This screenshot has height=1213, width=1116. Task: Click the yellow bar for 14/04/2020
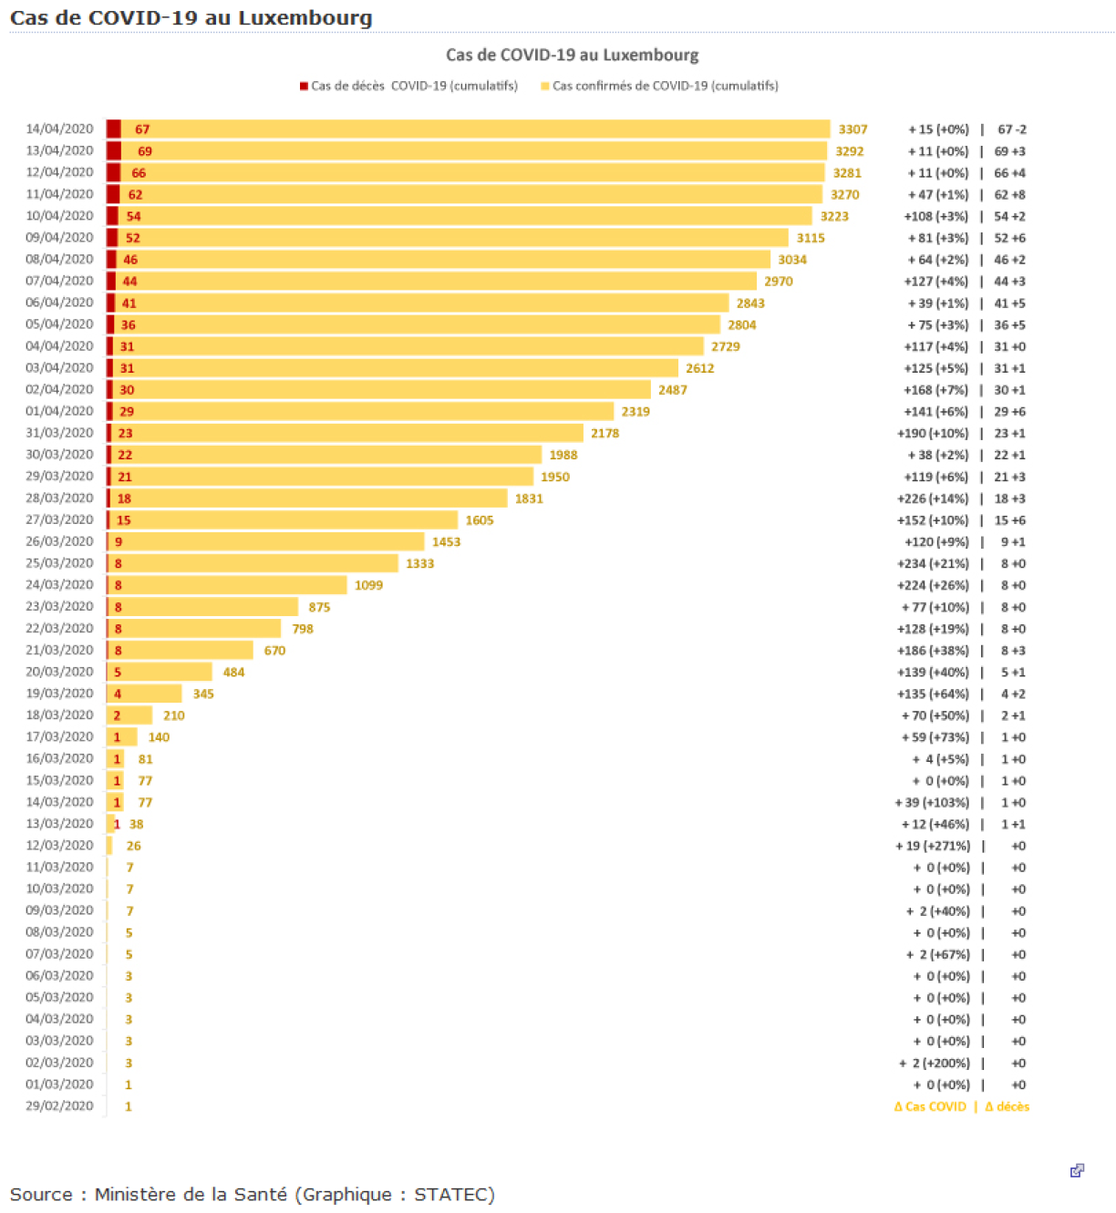(x=474, y=129)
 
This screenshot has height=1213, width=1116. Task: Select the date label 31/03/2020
(x=59, y=433)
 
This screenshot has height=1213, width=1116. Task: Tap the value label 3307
(x=852, y=129)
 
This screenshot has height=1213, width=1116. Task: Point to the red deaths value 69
(x=144, y=151)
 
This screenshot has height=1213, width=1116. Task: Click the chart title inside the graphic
(x=572, y=55)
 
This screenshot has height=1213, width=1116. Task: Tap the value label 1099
(x=368, y=585)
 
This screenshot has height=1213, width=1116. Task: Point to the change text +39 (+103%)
(x=932, y=803)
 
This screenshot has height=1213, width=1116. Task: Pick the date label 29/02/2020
(x=59, y=1105)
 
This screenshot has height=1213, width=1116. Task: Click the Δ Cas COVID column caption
(x=930, y=1106)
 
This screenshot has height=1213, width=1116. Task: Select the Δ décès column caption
(x=1007, y=1106)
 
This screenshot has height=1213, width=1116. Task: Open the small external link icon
(x=1077, y=1170)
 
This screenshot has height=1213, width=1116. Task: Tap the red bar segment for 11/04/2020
(x=113, y=194)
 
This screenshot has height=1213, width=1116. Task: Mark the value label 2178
(x=604, y=433)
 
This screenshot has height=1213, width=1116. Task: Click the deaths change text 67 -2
(x=1011, y=129)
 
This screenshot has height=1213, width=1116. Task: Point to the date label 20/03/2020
(x=59, y=672)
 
